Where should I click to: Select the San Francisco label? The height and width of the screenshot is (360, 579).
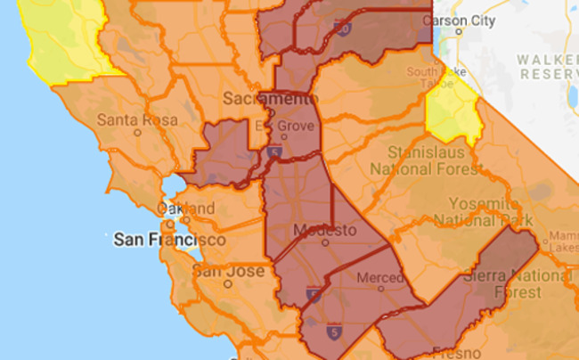point(169,240)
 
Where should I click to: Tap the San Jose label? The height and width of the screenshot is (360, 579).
point(229,270)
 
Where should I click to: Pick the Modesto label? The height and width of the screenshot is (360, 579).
point(324,231)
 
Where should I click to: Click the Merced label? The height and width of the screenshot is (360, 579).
point(379,278)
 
